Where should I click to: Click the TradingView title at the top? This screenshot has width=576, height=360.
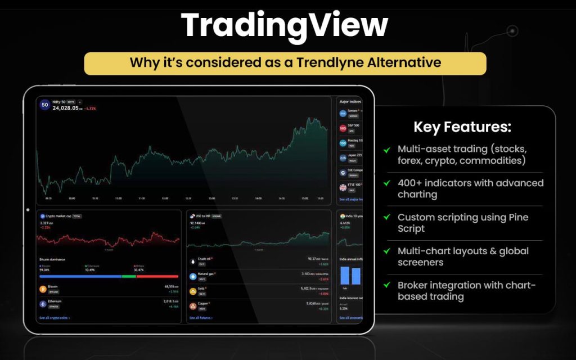(284, 25)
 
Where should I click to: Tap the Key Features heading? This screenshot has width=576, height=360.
(462, 127)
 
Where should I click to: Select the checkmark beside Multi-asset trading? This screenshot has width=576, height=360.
(387, 150)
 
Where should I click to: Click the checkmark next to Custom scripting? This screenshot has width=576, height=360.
(387, 217)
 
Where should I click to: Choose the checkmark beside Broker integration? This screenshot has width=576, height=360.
(387, 285)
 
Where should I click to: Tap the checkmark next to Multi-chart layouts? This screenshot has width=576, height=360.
(387, 251)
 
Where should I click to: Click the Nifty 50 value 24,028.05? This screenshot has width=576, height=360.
(65, 108)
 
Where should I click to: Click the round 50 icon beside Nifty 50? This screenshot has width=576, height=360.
(44, 105)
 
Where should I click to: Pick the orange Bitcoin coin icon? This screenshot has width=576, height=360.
(43, 289)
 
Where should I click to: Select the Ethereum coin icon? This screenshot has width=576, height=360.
(43, 304)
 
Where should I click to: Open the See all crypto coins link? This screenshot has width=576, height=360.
(55, 318)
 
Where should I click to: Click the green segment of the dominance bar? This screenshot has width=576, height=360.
(129, 276)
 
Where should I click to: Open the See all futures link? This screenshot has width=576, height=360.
(201, 318)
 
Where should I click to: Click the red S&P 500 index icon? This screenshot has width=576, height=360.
(343, 128)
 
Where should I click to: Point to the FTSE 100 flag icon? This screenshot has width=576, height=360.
(343, 187)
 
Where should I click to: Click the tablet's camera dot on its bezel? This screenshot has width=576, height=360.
(28, 210)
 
